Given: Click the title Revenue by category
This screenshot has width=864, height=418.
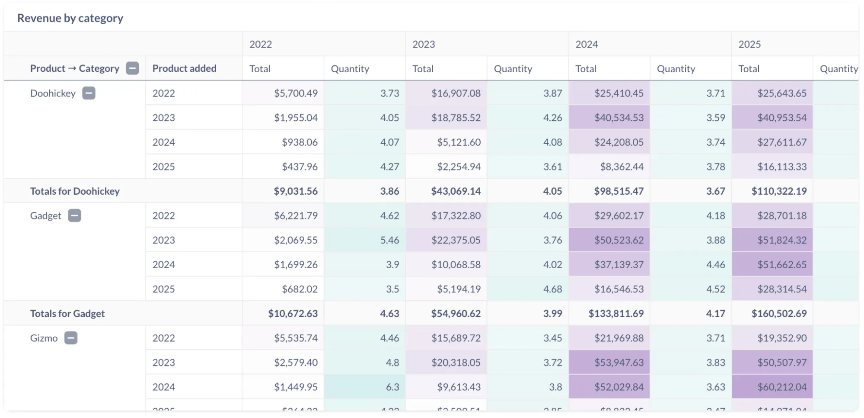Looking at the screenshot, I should coord(70,18).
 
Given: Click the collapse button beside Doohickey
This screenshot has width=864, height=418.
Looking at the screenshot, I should coord(89,93).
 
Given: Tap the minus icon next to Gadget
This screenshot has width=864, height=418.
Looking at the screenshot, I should coord(75,215).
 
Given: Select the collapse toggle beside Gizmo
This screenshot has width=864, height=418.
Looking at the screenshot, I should coord(71,338).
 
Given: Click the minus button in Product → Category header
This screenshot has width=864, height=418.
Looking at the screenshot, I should coord(132,68).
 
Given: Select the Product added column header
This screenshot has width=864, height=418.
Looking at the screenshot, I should coord(184,68).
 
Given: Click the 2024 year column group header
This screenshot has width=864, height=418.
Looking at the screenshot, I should coord(587,44).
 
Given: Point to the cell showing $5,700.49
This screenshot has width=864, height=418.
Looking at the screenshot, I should coord(296,93).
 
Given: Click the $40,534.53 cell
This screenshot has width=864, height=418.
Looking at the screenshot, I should coord(619,118).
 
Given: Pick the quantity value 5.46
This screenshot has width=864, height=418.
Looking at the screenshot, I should coord(389,240).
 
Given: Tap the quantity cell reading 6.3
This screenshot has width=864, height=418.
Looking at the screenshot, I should coord(392,387).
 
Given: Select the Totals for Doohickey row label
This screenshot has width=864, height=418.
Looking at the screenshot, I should coord(75,191).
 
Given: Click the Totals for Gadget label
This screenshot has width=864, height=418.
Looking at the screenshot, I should coord(67,314).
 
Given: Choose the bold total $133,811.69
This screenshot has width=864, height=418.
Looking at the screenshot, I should coord(616,314).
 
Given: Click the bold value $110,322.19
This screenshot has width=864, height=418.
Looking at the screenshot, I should coord(779,191).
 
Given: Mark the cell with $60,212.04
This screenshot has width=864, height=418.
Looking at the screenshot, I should coord(781,387).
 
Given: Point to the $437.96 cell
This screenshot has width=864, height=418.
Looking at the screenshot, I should coord(300,167).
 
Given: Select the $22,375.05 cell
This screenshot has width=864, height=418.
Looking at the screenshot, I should coord(456,240).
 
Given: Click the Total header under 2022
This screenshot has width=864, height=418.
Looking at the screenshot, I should coord(260,69).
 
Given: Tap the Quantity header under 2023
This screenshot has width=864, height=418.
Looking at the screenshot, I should coord(513,69).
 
